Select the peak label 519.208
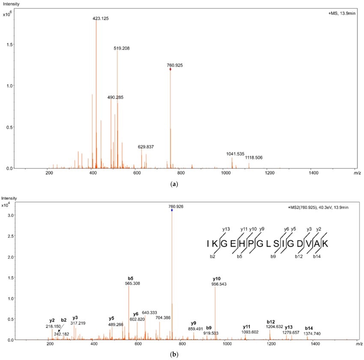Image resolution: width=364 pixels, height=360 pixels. point(122,48)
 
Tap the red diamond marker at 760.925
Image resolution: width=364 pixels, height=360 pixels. point(170,69)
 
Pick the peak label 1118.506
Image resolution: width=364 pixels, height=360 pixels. point(254,158)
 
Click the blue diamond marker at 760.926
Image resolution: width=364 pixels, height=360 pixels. point(172,210)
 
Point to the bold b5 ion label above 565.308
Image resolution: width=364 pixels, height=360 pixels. point(131,278)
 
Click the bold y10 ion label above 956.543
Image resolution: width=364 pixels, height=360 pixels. point(217,279)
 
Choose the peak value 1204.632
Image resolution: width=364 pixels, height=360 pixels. point(274,327)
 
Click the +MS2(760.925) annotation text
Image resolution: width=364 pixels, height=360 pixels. point(318,207)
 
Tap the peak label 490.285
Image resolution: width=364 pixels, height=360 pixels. point(115,98)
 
